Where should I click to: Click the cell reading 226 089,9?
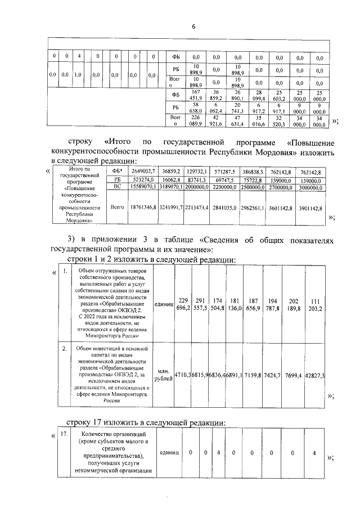[x=196, y=120]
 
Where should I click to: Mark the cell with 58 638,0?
[x=196, y=108]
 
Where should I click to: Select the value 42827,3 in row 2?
[x=317, y=375]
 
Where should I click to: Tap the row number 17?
[x=65, y=434]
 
